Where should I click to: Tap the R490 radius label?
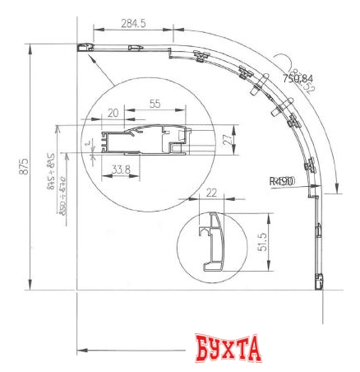[x=281, y=180]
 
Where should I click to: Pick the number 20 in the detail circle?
[x=113, y=112]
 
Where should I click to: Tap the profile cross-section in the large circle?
[x=140, y=139]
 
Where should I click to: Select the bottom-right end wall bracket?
[x=318, y=281]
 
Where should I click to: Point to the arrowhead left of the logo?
[x=81, y=351]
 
